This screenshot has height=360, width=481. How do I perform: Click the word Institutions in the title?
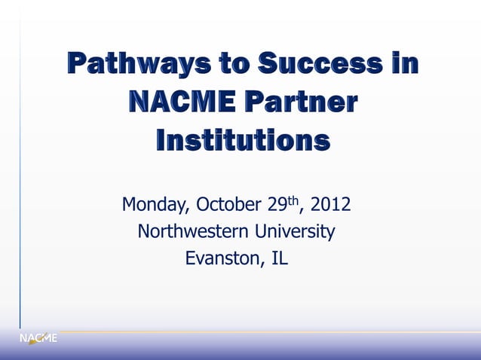click(242, 141)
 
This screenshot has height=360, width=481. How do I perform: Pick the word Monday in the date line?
click(155, 205)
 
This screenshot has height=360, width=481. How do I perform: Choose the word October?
click(229, 205)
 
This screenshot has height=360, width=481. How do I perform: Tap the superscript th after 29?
click(293, 200)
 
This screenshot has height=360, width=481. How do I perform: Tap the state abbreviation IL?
click(280, 258)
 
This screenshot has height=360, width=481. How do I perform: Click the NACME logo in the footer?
click(38, 338)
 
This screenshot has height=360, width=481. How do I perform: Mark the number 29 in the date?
click(276, 205)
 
